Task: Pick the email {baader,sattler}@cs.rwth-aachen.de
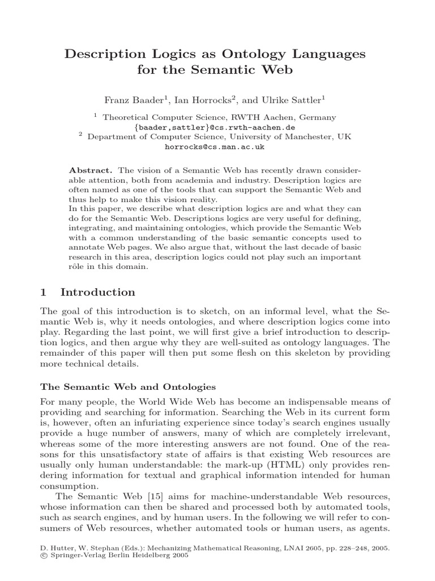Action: click(215, 128)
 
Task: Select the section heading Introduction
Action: click(98, 293)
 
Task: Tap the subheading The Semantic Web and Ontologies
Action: click(127, 387)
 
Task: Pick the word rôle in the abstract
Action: click(78, 268)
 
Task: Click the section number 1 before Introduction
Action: click(43, 293)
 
